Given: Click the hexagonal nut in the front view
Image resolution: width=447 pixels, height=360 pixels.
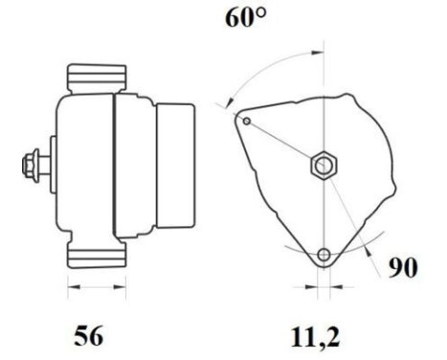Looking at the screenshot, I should (323, 168).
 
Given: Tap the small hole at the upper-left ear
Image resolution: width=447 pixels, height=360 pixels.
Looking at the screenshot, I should (248, 122).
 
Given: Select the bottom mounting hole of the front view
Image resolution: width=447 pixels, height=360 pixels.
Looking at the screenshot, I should (324, 255).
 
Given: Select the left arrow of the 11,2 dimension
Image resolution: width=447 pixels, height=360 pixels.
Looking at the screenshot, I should (311, 285).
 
